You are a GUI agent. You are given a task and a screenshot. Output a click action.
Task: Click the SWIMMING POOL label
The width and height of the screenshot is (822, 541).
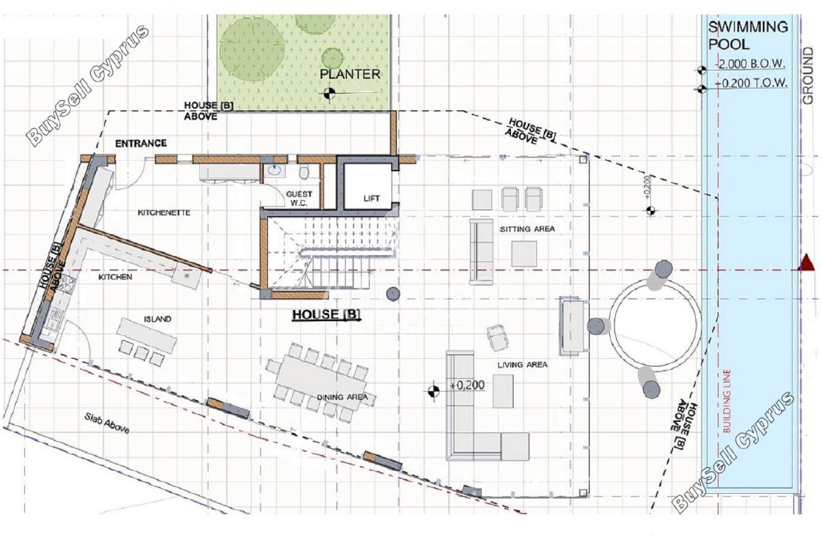(x=748, y=36)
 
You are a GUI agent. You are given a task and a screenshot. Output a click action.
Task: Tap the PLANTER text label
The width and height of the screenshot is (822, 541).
(x=350, y=74)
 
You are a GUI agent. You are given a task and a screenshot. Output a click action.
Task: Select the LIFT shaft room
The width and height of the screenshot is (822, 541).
(x=368, y=186)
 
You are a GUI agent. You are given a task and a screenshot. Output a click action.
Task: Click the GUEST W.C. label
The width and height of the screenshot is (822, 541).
(x=299, y=199)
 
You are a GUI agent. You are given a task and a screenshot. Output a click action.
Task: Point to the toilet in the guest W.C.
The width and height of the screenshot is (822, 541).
(x=304, y=172)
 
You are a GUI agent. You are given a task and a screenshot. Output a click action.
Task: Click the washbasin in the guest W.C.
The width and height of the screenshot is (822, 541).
(x=275, y=171)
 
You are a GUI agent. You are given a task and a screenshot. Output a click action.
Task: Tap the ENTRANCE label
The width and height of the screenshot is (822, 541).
(x=141, y=143)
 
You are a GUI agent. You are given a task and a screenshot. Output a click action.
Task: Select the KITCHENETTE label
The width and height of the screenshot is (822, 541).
(x=164, y=213)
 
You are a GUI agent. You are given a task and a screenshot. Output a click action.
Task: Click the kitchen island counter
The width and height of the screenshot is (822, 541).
(x=147, y=335)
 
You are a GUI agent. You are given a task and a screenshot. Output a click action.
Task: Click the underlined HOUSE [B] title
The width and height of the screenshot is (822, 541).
(x=326, y=314)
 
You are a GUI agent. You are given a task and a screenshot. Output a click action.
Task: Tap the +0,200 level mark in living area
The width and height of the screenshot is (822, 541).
(x=467, y=385)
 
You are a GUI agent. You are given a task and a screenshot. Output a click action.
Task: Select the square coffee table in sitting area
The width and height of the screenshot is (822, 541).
(x=524, y=254)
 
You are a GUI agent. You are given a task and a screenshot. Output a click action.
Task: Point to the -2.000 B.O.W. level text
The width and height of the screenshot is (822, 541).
(x=751, y=64)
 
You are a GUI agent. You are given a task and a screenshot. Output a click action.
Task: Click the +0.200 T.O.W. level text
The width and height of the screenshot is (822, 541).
(x=751, y=84)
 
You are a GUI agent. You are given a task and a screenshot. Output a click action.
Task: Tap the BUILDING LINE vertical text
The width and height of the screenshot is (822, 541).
(x=727, y=401)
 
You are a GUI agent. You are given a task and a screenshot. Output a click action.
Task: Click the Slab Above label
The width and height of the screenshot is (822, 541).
(x=106, y=423)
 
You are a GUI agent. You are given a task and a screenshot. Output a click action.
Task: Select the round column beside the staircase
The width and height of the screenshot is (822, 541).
(x=393, y=294)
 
